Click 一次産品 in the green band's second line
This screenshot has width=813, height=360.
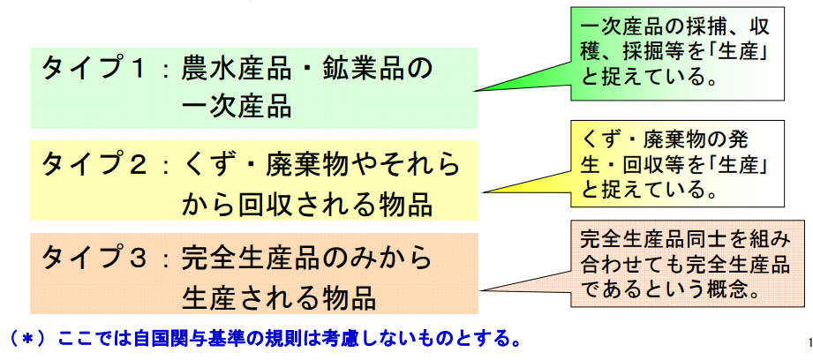pos(237,108)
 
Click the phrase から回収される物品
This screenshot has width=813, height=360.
pos(307,205)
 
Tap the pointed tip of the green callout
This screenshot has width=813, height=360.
pos(476,91)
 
